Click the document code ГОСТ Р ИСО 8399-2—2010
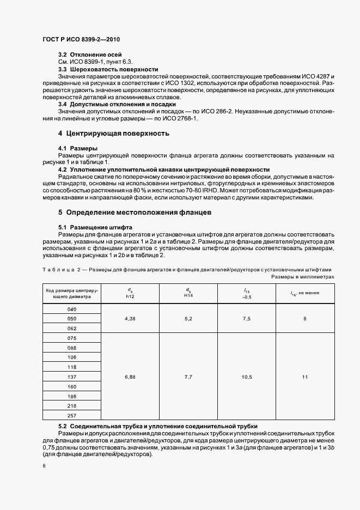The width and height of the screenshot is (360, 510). click(x=81, y=40)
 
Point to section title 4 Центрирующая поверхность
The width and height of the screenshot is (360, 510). click(x=113, y=133)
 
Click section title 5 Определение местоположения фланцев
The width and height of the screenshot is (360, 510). click(x=138, y=212)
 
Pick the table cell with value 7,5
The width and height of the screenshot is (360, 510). click(x=247, y=319)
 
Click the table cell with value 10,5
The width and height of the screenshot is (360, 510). click(x=247, y=377)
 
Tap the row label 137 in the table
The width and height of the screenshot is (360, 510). click(x=71, y=377)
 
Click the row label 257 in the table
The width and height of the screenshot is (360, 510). click(x=71, y=416)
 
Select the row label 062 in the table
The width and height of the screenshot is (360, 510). click(x=71, y=329)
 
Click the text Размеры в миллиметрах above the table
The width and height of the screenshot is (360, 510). click(x=303, y=277)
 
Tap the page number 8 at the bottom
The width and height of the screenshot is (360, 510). click(x=44, y=466)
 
